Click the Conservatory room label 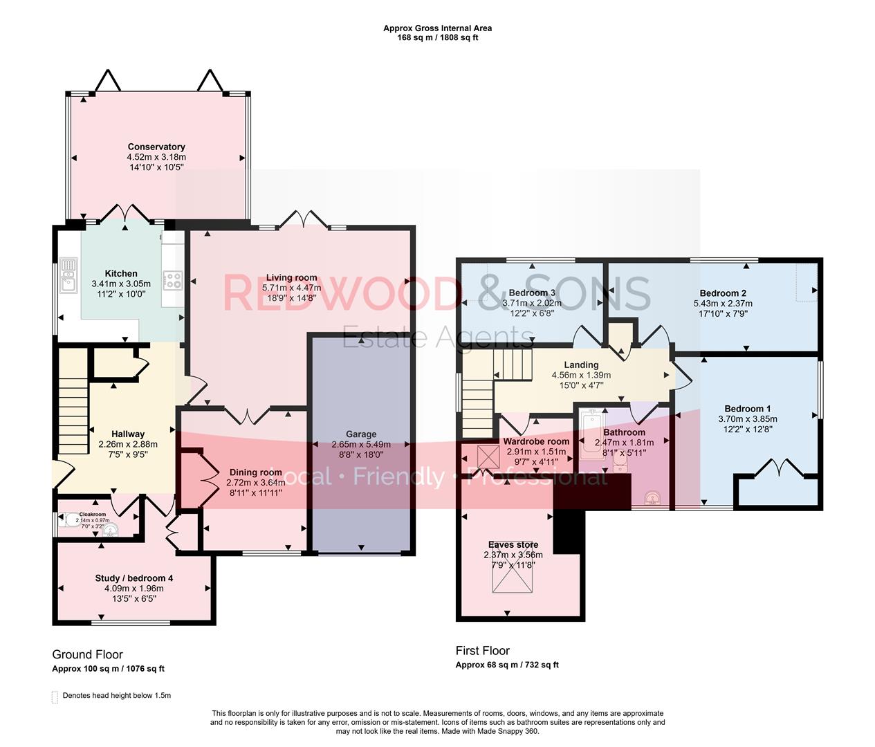click(156, 147)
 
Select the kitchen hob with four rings click(172, 280)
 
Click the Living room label click(291, 277)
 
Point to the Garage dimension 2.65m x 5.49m click(360, 445)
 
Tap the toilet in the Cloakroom click(69, 519)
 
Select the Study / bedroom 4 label click(134, 578)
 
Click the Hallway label click(128, 434)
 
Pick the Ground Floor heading click(87, 654)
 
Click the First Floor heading click(482, 650)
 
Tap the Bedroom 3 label click(531, 293)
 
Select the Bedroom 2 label click(723, 293)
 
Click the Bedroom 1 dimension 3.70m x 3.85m click(748, 418)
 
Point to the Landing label click(581, 365)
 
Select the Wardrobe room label click(536, 441)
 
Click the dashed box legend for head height click(55, 697)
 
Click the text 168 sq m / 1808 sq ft click(437, 37)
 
